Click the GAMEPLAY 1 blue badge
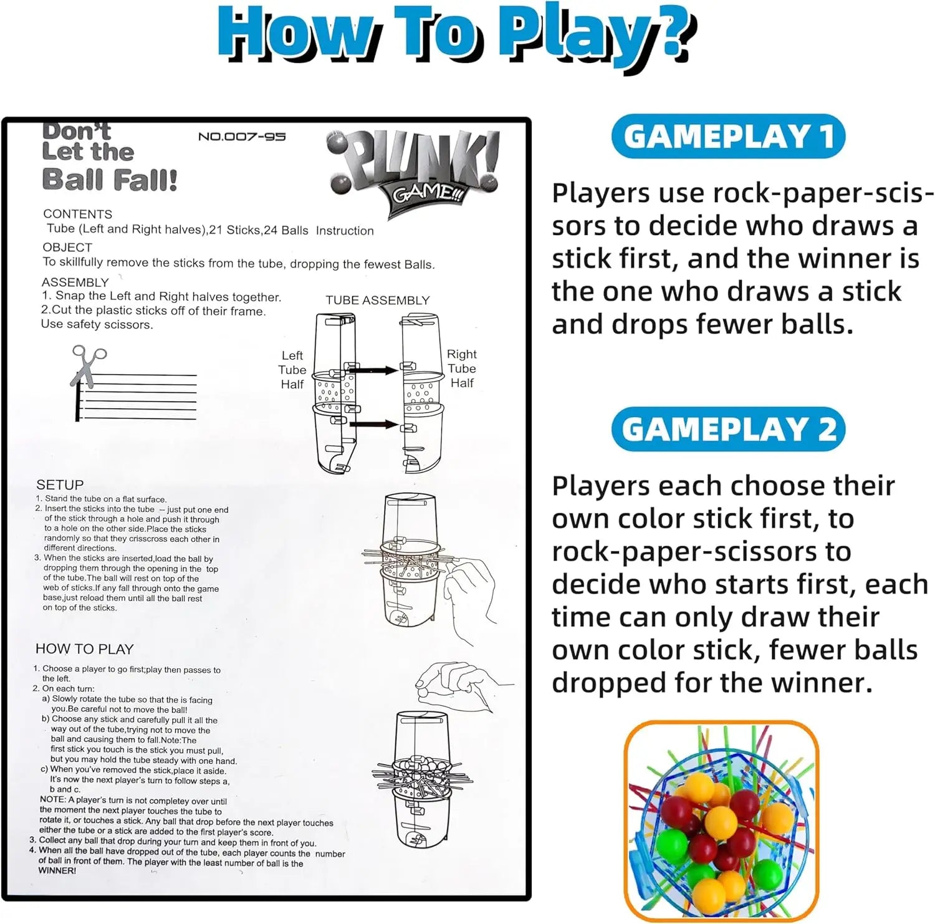(728, 137)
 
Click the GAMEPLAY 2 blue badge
(728, 429)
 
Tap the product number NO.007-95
(242, 137)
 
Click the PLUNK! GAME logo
(415, 171)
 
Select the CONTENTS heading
(78, 214)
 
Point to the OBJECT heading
(67, 247)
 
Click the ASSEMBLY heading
(75, 282)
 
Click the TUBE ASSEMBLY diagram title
(378, 300)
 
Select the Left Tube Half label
(292, 370)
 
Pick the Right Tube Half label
(462, 368)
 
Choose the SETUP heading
(60, 484)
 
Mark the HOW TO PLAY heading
(84, 649)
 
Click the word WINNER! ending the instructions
(57, 870)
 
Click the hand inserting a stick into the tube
(471, 592)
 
